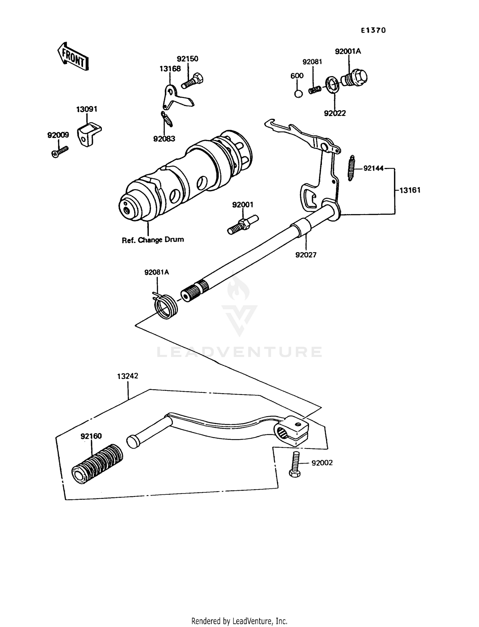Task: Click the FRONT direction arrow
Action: [x=73, y=57]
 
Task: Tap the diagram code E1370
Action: [x=373, y=30]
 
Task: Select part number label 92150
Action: [x=187, y=59]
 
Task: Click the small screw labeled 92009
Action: [x=60, y=151]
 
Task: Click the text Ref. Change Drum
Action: [x=153, y=240]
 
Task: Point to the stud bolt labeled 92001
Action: [x=243, y=225]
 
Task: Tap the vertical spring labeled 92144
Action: [x=351, y=168]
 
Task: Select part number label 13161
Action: [x=410, y=190]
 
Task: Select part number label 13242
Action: [x=127, y=376]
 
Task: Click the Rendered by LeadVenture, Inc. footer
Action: [x=239, y=621]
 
